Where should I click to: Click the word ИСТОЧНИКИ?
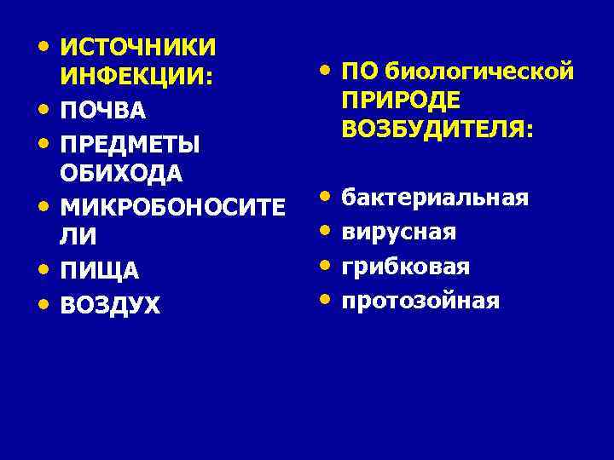pos(138,46)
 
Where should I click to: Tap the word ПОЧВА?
pos(103,112)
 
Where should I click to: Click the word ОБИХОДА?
pos(121,175)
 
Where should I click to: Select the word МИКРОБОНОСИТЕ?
pos(166,206)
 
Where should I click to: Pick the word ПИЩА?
pos(98,271)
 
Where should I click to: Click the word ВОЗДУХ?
pos(110,304)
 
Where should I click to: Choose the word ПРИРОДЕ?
pos(400,101)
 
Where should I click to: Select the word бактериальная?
pos(435,198)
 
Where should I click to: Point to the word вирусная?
pos(399,232)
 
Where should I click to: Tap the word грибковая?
pos(406,266)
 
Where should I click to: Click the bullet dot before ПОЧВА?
pos(42,110)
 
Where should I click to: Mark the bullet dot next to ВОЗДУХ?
pos(42,302)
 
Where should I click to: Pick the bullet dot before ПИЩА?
pos(42,269)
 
